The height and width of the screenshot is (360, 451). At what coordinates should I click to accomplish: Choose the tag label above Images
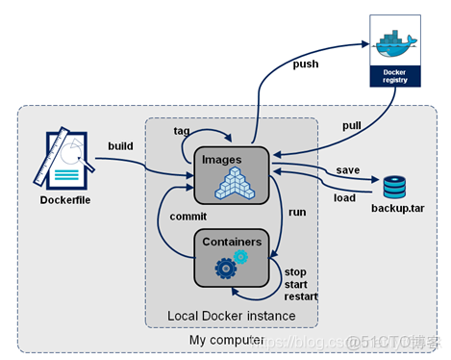click(182, 130)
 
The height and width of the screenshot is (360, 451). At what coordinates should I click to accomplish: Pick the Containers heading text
click(230, 241)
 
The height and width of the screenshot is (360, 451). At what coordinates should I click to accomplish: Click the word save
click(348, 170)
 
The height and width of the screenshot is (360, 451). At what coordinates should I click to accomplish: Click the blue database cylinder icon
click(394, 187)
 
